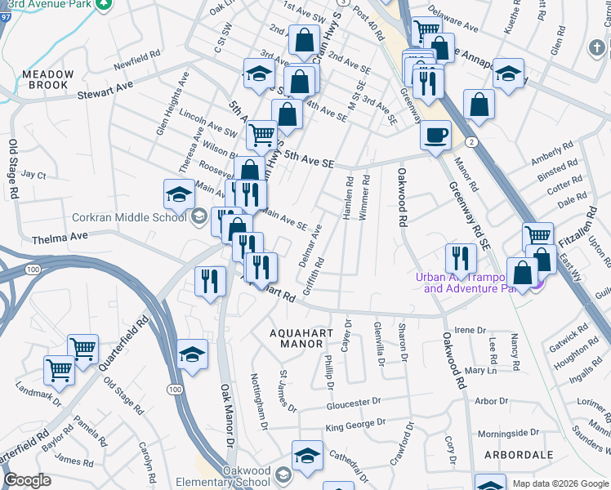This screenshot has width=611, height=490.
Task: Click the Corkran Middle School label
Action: pos(129,217)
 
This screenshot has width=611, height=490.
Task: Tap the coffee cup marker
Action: pos(435,134)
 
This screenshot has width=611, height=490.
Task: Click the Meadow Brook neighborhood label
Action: pos(48,79)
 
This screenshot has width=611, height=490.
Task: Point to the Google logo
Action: pos(28,480)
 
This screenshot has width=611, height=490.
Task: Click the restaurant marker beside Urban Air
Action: pos(461,258)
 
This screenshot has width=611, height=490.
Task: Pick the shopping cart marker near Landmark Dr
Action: pos(59,369)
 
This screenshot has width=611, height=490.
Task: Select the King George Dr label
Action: pos(355,425)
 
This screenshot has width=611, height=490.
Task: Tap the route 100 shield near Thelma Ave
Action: pos(33,269)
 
